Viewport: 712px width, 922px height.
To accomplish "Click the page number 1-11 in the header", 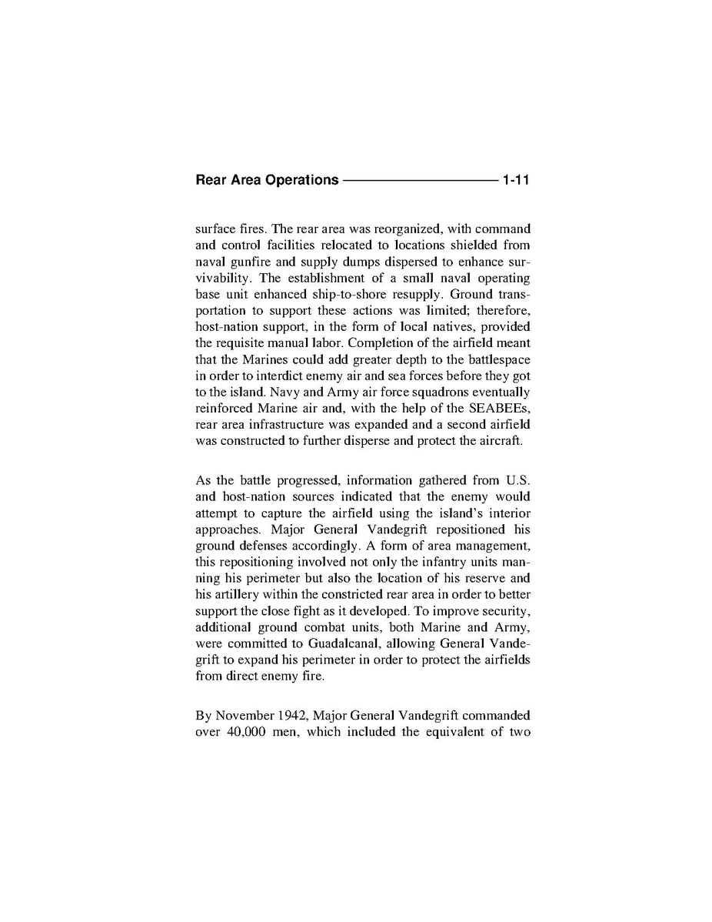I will coord(517,180).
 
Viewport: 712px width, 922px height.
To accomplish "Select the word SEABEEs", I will coord(499,408).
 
